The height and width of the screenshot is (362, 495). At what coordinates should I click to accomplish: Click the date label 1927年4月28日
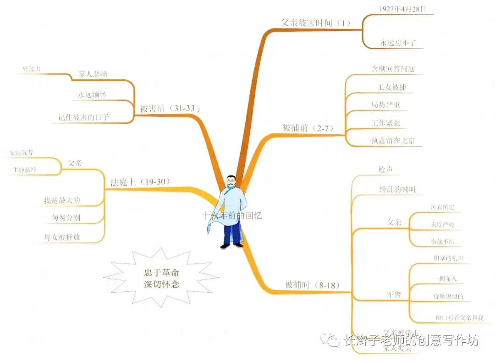coord(400,9)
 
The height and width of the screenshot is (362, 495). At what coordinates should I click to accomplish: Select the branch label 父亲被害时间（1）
coord(315,23)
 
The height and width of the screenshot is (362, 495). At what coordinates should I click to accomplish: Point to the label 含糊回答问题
coord(393,69)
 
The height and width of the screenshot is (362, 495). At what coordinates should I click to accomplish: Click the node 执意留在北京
coord(393,141)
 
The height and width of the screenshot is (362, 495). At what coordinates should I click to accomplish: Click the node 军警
coord(395,294)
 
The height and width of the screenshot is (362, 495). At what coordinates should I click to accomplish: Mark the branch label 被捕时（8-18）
coord(312,285)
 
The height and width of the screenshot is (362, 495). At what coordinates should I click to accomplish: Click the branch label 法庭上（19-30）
coord(140,181)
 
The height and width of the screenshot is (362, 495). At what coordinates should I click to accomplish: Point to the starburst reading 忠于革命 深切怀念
coord(161,277)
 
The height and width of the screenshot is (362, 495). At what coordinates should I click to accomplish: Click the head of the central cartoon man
coord(232,182)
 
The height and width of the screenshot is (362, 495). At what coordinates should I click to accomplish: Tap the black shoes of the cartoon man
coord(231,246)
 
